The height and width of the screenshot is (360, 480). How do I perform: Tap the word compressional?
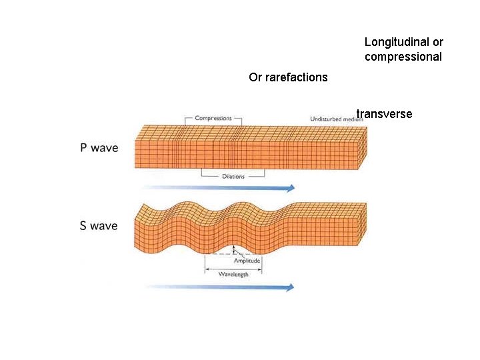pos(403,57)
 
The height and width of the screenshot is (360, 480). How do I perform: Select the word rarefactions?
pos(297,77)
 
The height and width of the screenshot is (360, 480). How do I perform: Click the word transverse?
pos(385,114)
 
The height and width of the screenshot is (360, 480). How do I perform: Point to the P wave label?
pos(99,147)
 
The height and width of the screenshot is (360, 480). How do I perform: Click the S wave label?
pos(99,226)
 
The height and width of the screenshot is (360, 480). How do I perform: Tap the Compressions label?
pos(213,118)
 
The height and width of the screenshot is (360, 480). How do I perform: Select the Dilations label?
pos(233,177)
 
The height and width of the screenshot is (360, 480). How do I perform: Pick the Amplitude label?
pos(247,261)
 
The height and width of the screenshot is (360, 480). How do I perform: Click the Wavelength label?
pos(233,275)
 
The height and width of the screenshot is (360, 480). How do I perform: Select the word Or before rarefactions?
pos(255,77)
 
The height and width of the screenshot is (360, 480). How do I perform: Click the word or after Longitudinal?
pos(437,42)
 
